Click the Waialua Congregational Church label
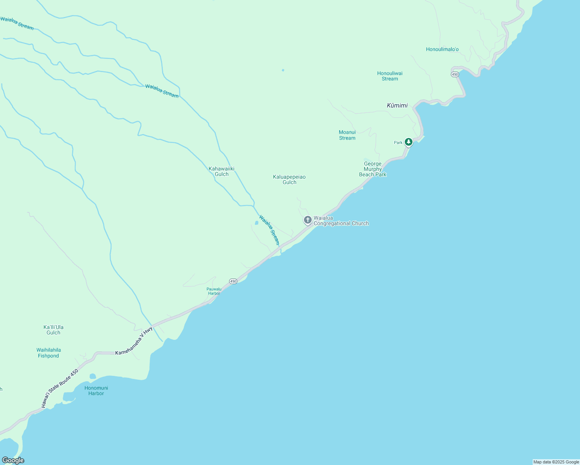click(341, 221)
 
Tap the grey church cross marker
click(307, 220)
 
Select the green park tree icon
click(408, 142)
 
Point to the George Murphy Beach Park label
click(373, 169)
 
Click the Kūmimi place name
click(397, 105)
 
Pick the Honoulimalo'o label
click(442, 50)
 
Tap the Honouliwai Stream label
click(390, 76)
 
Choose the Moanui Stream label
click(347, 135)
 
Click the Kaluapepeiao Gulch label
click(289, 179)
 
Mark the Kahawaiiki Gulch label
click(221, 171)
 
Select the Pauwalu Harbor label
click(214, 291)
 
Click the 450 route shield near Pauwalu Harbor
click(233, 281)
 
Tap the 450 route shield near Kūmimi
click(455, 74)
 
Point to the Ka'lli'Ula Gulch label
click(54, 330)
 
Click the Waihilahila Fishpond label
click(48, 353)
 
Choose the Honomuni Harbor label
click(96, 391)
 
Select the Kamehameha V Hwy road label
click(134, 341)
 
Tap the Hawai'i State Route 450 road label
click(60, 388)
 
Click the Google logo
click(13, 460)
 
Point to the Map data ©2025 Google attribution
click(556, 462)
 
